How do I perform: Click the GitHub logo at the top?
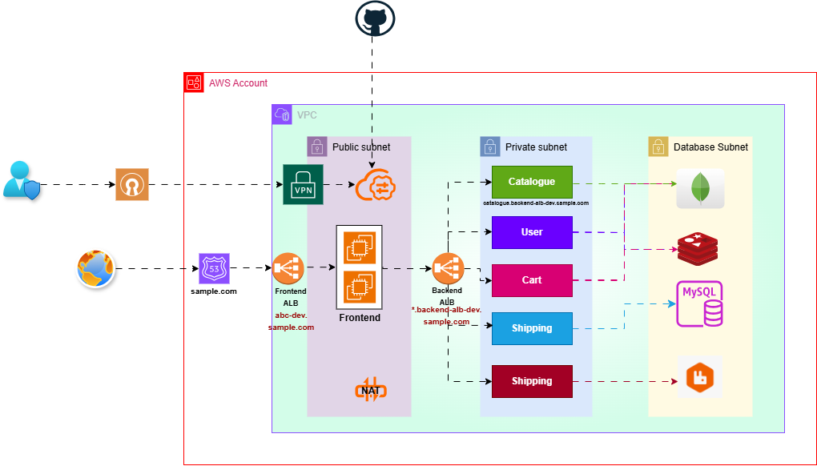[375, 20]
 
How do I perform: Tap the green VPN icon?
[303, 184]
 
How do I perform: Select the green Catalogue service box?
[532, 182]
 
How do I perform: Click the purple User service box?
[532, 232]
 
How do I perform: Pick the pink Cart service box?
[532, 280]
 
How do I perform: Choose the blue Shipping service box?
[532, 328]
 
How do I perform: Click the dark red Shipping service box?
[532, 381]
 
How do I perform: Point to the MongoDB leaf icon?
[700, 188]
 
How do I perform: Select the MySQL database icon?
[700, 304]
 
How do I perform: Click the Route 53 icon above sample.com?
[214, 268]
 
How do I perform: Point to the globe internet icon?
[97, 269]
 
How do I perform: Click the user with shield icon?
[19, 180]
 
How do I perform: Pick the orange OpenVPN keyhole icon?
[131, 184]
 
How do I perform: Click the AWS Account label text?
[238, 83]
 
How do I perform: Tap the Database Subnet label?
[710, 147]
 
